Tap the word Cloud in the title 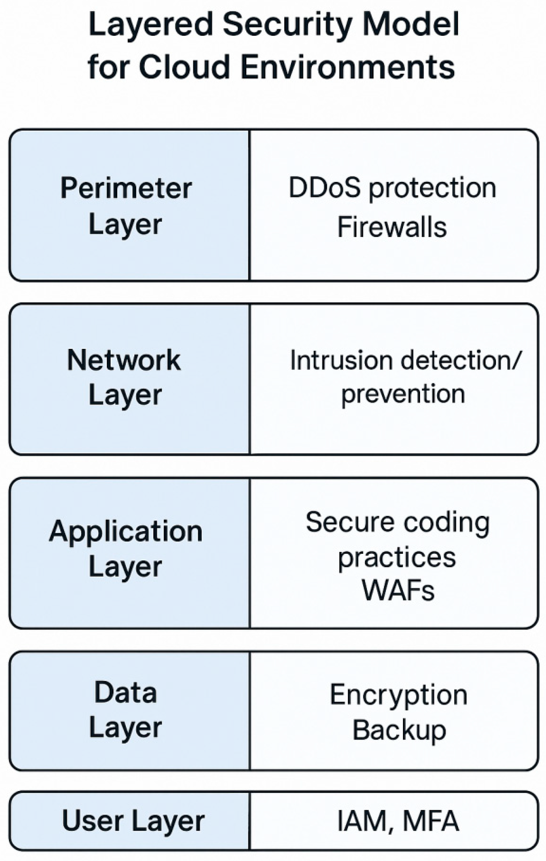click(184, 67)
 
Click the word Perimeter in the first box click(126, 189)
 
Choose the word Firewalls click(392, 228)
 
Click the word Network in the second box click(124, 360)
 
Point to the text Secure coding click(398, 523)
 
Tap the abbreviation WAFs click(398, 591)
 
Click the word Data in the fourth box click(126, 693)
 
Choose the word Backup click(399, 730)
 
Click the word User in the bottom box click(93, 821)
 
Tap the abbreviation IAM click(362, 821)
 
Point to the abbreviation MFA click(431, 821)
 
